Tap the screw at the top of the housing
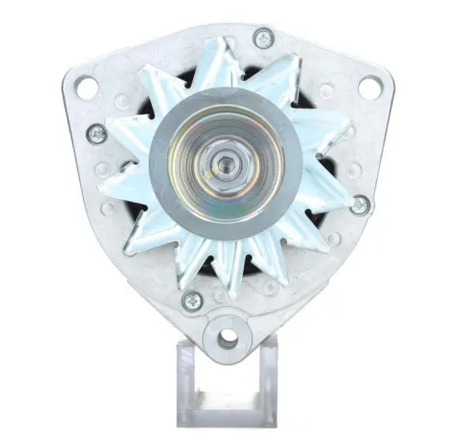(x=264, y=39)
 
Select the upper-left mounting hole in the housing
(x=86, y=88)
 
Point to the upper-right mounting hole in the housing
(x=369, y=88)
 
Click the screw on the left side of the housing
(x=96, y=134)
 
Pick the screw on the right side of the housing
(x=359, y=204)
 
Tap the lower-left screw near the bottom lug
(x=192, y=299)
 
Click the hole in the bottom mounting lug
(x=226, y=337)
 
